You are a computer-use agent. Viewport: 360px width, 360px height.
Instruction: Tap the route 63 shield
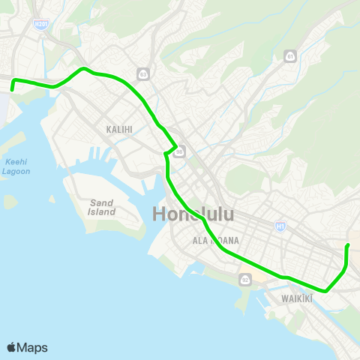[142, 73]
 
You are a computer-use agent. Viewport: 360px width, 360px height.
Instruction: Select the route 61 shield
[290, 56]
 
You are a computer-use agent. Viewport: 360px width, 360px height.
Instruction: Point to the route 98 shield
[180, 152]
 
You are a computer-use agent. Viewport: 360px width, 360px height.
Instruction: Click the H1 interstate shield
[280, 224]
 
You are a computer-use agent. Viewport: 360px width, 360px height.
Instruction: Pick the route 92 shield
[244, 280]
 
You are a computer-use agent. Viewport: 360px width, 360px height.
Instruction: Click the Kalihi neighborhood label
[119, 130]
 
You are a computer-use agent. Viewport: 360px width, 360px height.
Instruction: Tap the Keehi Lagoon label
[17, 166]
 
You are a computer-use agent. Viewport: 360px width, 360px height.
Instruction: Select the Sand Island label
[102, 207]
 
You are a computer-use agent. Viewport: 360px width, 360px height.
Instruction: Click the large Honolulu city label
[193, 214]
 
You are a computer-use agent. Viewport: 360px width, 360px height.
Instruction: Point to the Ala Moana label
[215, 240]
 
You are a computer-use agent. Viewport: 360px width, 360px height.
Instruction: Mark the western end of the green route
[12, 90]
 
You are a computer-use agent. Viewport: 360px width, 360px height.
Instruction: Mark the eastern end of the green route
[347, 245]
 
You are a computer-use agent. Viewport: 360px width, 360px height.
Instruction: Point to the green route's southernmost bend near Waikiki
[325, 291]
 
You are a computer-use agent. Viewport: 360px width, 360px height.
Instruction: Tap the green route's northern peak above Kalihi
[84, 68]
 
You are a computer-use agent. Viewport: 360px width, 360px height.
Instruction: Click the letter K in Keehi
[7, 161]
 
